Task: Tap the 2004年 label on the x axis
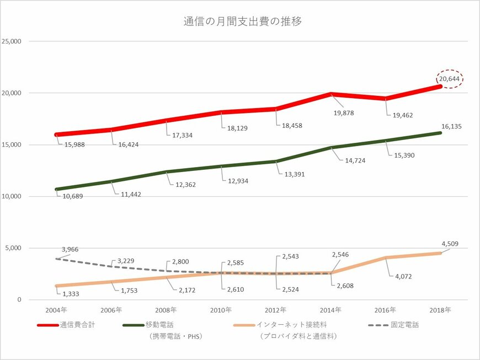coord(57,310)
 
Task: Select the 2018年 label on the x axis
coord(440,310)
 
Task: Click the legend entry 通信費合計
coord(78,325)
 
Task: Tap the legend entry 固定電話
coord(406,325)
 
